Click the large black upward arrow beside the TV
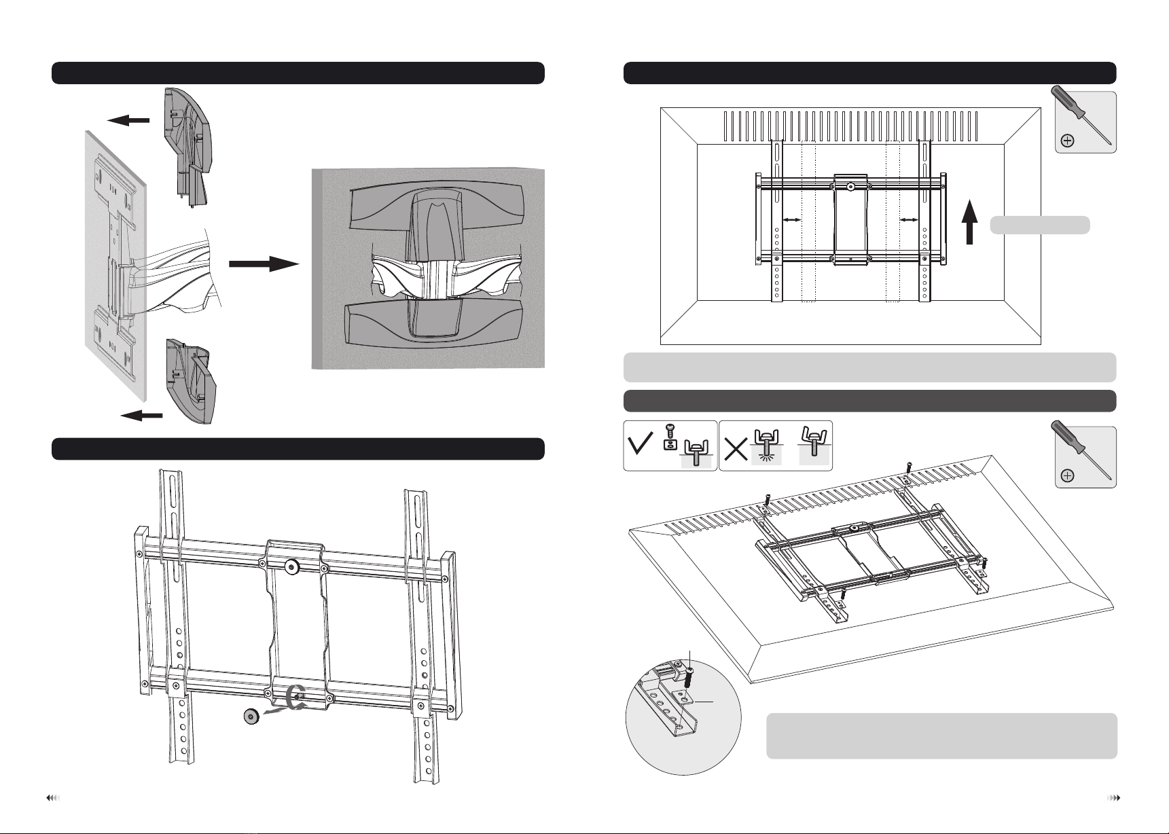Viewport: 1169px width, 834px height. [969, 224]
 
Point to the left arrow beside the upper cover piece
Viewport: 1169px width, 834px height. [128, 120]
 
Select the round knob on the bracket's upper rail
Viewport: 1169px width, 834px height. [293, 566]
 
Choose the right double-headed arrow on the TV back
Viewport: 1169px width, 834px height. [909, 219]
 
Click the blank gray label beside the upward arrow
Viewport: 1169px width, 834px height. [1040, 225]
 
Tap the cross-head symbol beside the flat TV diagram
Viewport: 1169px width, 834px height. [1068, 141]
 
